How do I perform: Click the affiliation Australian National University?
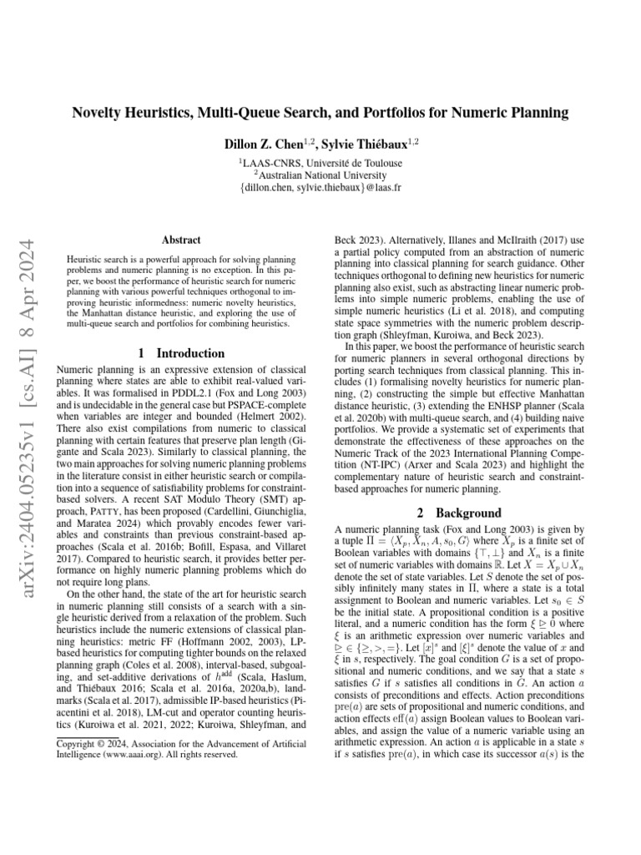click(323, 175)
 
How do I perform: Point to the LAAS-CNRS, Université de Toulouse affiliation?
click(320, 163)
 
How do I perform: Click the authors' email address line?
click(320, 189)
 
